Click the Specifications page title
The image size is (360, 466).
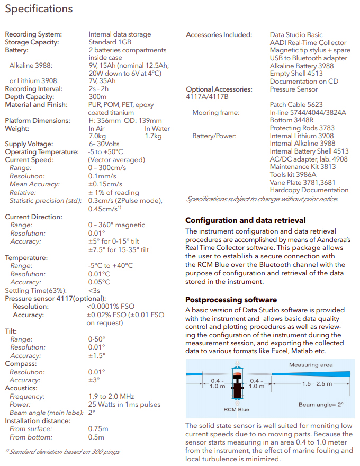[x=39, y=9]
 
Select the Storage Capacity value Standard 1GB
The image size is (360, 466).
[x=110, y=42]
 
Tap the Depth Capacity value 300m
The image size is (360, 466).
[x=98, y=97]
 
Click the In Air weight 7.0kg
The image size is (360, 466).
[x=98, y=136]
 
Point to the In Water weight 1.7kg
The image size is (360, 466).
[x=154, y=136]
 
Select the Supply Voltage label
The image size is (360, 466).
[x=29, y=144]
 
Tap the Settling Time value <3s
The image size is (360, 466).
[x=94, y=290]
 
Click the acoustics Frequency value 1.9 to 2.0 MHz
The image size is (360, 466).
[x=111, y=397]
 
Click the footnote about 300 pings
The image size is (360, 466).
[x=62, y=452]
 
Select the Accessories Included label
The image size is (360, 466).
[x=219, y=35]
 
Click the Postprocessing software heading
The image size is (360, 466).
[x=231, y=300]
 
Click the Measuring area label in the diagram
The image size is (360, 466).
[x=311, y=365]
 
